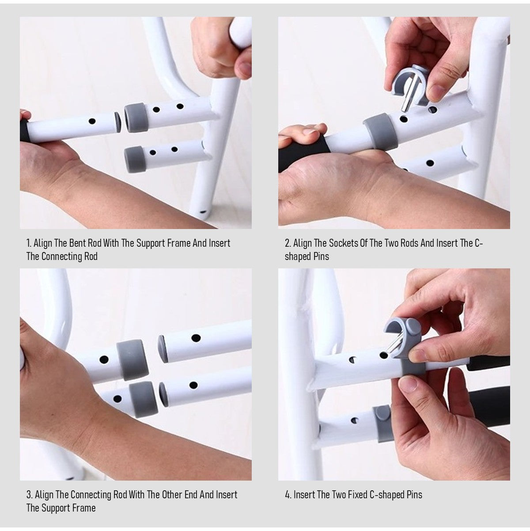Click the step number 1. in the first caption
(x=29, y=243)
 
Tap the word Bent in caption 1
(x=77, y=243)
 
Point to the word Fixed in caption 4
(x=357, y=495)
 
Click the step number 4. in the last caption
(x=288, y=495)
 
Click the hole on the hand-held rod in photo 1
(x=92, y=121)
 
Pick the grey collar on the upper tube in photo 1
(x=136, y=118)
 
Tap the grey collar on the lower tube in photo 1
(x=135, y=159)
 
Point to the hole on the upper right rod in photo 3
(x=196, y=337)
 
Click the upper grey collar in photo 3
(x=132, y=359)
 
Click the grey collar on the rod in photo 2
(x=380, y=131)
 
